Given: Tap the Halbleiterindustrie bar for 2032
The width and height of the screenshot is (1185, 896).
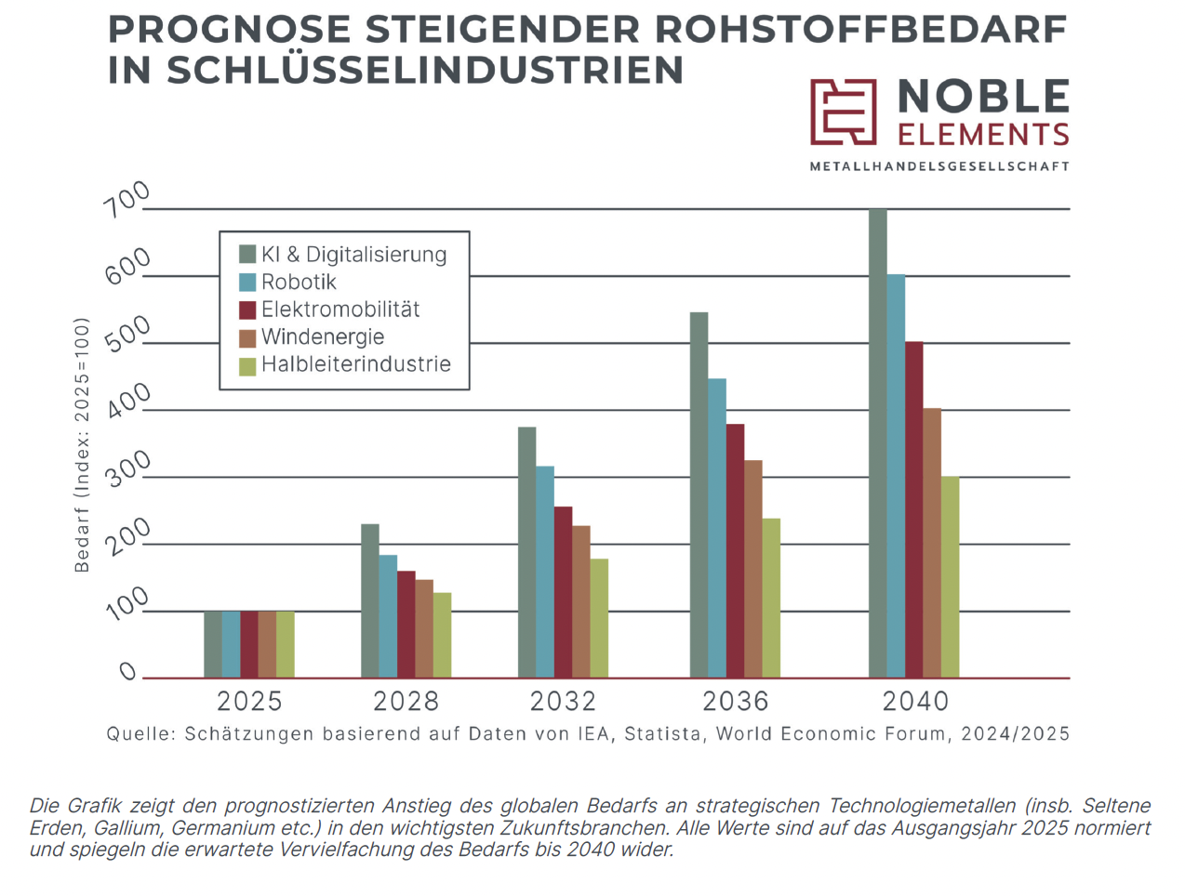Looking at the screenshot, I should (x=599, y=618).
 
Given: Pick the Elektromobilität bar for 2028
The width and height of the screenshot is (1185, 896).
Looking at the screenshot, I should (x=406, y=625).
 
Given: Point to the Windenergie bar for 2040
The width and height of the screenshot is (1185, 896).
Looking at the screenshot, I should (x=932, y=543).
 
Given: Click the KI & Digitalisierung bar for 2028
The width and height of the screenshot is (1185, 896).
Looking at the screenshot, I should (x=370, y=600).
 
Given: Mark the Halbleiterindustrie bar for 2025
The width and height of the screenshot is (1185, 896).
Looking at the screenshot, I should (x=286, y=644).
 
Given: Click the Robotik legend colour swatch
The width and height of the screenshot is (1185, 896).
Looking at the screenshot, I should (x=247, y=283).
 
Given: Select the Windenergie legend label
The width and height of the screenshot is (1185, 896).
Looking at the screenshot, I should (x=322, y=337).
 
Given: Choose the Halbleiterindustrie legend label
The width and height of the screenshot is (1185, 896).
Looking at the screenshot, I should (x=355, y=364).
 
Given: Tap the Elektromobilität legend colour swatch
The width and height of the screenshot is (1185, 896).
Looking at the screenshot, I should (x=247, y=310).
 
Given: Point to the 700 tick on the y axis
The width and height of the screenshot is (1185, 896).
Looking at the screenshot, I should (x=126, y=199).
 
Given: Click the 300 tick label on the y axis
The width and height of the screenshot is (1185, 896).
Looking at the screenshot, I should (x=127, y=468).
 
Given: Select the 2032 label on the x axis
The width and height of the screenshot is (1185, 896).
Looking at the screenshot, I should (x=563, y=701).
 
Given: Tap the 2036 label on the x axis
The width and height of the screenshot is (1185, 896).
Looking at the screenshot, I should (x=735, y=701).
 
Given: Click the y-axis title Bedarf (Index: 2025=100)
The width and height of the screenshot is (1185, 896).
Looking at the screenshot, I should (x=82, y=444).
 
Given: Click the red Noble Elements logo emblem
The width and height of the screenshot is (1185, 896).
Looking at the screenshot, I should (x=843, y=112).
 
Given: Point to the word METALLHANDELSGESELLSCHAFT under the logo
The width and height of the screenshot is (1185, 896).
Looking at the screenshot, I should (x=939, y=166).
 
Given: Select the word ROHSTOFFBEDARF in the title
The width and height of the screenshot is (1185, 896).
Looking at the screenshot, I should (x=861, y=30).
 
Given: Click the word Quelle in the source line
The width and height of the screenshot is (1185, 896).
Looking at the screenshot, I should (x=140, y=734).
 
